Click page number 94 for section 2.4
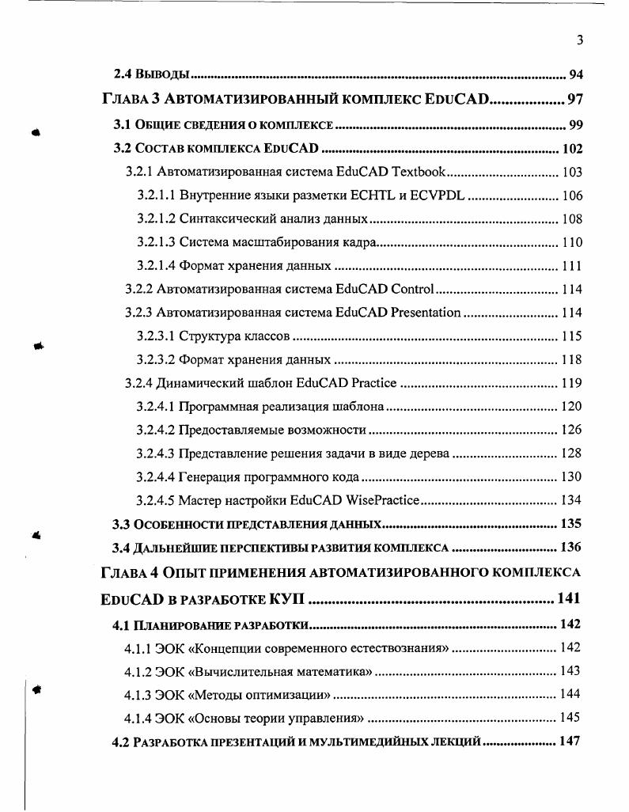(x=575, y=76)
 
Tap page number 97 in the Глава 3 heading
(x=575, y=100)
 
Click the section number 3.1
(x=122, y=125)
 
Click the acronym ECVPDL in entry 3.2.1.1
(x=438, y=195)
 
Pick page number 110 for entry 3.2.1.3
(x=571, y=242)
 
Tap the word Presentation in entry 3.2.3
(x=420, y=313)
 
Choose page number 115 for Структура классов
(x=571, y=336)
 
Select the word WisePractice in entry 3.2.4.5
(x=382, y=500)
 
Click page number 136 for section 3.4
(x=570, y=547)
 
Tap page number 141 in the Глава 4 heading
(x=570, y=598)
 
